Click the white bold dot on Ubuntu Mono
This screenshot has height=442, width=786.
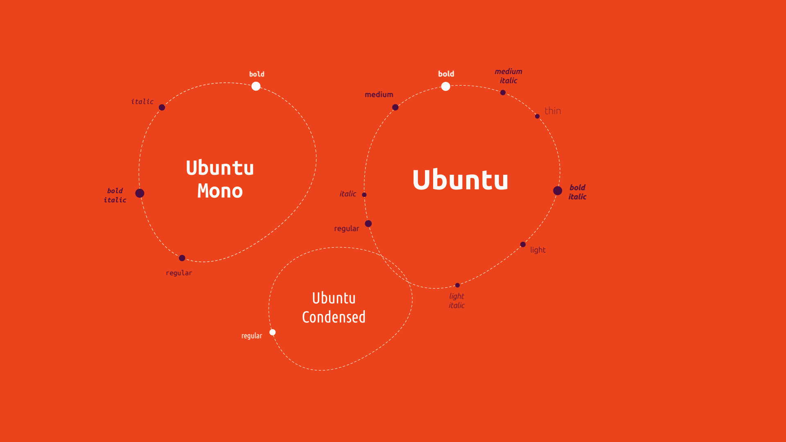coord(256,86)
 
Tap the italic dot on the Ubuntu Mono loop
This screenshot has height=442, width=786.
coord(162,108)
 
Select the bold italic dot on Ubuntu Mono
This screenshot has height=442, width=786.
coord(140,193)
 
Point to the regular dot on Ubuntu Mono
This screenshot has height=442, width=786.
coord(182,258)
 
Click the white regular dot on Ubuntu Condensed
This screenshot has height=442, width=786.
coord(273,332)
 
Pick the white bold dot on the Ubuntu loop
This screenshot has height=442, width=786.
coord(446,86)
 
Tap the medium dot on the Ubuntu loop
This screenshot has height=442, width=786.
coord(395,108)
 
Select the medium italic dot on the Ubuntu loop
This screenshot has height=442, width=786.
coord(503,93)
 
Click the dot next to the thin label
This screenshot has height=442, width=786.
coord(538,117)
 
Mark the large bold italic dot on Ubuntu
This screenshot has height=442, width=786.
coord(558,191)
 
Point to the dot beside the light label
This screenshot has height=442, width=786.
coord(523,245)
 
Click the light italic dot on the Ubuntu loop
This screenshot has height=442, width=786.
coord(458,285)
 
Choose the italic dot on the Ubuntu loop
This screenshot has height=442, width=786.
coord(364,195)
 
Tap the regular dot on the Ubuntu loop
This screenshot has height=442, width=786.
coord(368,224)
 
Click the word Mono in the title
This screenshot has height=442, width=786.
coord(220,191)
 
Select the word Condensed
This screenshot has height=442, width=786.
coord(334,317)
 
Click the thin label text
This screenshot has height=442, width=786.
coord(553,111)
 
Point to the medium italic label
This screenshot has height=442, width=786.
coord(508,76)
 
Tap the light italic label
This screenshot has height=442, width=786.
coord(457,301)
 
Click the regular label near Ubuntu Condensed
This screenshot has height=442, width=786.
coord(252,336)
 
